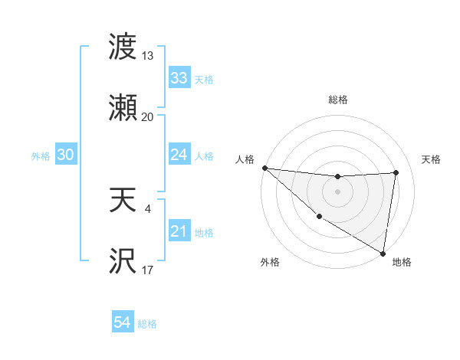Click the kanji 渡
coord(123,47)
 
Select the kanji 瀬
coord(123,108)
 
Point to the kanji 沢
coord(123,262)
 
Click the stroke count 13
coord(148,55)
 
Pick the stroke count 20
coord(148,116)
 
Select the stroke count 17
coord(148,270)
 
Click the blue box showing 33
coord(179,78)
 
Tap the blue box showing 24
coord(179,155)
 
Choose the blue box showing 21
coord(179,231)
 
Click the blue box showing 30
coord(65,155)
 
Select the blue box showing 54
coord(122,323)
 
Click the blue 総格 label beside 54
coord(147,324)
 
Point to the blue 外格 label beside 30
coord(41,155)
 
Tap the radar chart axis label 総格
coord(337,100)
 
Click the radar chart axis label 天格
coord(432,159)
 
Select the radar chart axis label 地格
coord(402,262)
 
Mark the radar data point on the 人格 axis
coord(264,168)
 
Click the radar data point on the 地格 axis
coord(383,253)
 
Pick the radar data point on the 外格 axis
coord(319,216)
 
